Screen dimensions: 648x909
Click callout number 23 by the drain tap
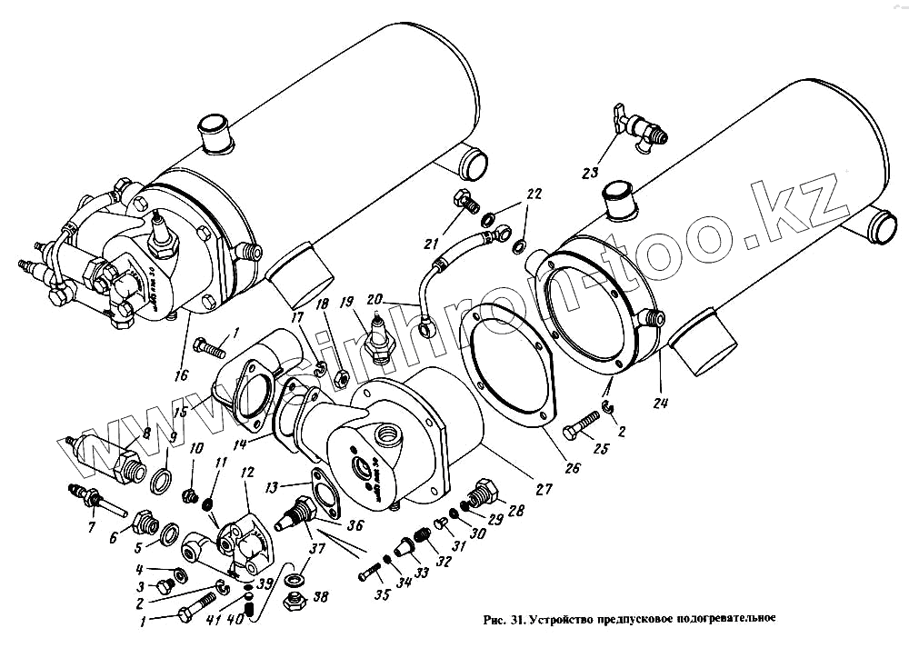pos(591,172)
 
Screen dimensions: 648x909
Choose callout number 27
pos(543,489)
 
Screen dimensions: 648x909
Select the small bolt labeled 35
pos(372,573)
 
